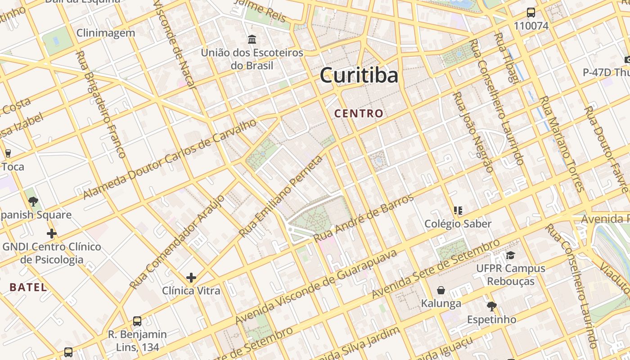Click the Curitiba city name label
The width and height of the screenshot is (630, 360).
click(x=359, y=76)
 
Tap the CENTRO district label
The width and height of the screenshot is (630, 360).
click(x=359, y=114)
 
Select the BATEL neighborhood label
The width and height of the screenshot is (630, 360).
click(x=28, y=287)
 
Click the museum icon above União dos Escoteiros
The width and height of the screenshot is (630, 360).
click(x=252, y=40)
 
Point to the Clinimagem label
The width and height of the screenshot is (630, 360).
click(x=106, y=33)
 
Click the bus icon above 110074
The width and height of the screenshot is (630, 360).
click(x=531, y=13)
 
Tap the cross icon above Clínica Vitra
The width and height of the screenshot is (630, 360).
click(x=191, y=277)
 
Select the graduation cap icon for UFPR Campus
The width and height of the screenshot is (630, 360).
click(x=510, y=256)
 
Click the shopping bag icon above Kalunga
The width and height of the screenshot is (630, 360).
click(x=441, y=290)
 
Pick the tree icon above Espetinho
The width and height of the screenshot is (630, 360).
click(x=491, y=306)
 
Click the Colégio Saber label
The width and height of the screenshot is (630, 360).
click(x=458, y=224)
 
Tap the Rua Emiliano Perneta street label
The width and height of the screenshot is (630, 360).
click(x=281, y=197)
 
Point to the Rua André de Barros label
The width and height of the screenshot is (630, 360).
click(x=364, y=218)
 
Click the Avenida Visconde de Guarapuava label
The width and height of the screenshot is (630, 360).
click(x=316, y=287)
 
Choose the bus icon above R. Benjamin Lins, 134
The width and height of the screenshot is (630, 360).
click(x=137, y=321)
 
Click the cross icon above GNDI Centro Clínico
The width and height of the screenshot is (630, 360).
click(x=52, y=234)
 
